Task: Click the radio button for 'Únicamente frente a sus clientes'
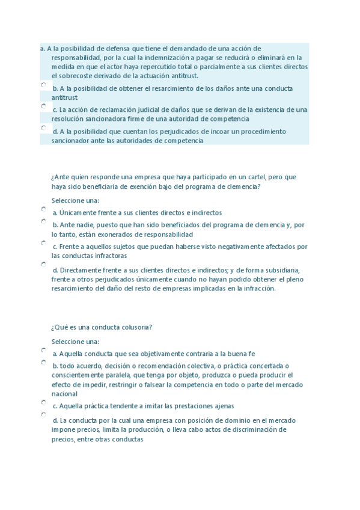[44, 209]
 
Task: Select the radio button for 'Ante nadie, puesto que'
[44, 221]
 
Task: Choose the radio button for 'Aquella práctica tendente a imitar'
[44, 402]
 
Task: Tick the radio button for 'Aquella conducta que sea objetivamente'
[44, 350]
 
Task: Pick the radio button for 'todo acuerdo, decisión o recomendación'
[44, 363]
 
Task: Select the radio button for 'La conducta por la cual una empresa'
[44, 415]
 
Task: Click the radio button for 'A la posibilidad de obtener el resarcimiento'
[44, 85]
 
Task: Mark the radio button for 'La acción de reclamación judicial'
[44, 106]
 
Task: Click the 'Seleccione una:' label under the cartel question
[75, 200]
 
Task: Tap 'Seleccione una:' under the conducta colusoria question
[75, 342]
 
